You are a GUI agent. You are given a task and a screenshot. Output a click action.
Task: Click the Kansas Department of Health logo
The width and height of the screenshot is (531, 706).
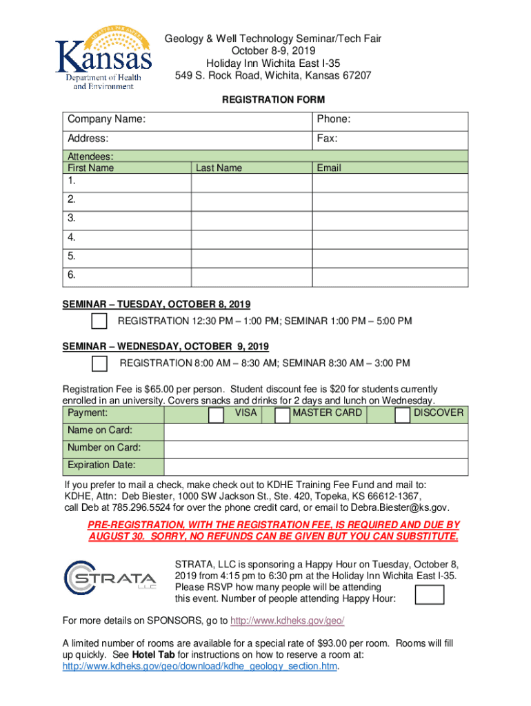[103, 61]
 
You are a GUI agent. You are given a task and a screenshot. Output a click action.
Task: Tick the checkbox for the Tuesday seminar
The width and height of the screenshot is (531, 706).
[100, 321]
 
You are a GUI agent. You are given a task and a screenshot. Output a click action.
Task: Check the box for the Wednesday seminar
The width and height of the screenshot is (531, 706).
[100, 363]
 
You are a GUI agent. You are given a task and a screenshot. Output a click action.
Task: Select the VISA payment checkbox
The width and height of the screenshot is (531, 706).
[217, 414]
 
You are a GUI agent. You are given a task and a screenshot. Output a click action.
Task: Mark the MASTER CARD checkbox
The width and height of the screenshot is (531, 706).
[282, 414]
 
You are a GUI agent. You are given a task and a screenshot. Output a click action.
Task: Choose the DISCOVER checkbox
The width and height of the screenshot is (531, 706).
[403, 414]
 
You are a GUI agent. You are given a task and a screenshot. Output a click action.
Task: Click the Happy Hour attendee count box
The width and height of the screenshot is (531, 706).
[430, 594]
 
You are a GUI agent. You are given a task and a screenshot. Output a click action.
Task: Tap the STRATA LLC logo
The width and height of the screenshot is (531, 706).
[111, 577]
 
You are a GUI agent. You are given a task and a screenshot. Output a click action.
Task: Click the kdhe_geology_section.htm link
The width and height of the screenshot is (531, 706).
[200, 667]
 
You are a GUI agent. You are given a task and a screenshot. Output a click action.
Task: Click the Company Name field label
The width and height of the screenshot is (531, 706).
[106, 120]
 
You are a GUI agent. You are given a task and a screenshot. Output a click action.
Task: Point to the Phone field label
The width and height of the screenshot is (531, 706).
[334, 120]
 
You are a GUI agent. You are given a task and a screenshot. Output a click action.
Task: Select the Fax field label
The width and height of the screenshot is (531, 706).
[327, 139]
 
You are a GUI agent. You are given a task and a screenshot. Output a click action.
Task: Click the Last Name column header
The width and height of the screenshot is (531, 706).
[219, 168]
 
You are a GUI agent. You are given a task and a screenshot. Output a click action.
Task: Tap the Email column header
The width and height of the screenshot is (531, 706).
[329, 168]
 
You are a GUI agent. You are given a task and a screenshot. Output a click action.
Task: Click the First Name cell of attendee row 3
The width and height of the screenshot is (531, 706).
[128, 219]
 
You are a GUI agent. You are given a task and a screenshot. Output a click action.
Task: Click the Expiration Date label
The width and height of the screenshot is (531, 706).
[101, 465]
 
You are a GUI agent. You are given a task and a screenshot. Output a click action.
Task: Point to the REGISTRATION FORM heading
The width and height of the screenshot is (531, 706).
[273, 100]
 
